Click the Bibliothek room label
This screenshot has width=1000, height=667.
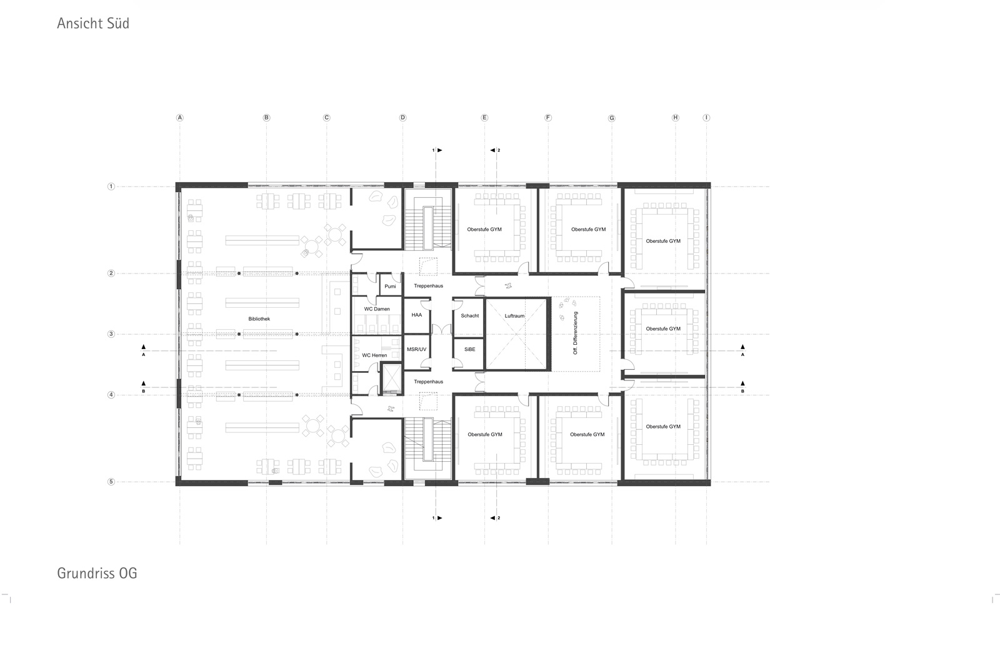[259, 318]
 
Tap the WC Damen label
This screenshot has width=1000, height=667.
[377, 309]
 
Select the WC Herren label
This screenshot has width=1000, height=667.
[374, 355]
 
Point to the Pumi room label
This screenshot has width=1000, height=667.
[390, 286]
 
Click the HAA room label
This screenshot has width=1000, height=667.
[416, 315]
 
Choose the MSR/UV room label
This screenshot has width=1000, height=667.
[416, 349]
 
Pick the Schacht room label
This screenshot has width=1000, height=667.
[469, 315]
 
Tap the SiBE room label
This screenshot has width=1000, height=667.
[469, 349]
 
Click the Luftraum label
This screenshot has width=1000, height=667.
[514, 315]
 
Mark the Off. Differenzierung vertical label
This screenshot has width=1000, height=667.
[576, 333]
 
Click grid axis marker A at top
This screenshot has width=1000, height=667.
[180, 118]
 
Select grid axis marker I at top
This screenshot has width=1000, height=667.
[706, 118]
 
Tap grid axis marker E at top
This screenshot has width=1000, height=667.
[484, 118]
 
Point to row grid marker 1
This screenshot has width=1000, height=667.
[111, 186]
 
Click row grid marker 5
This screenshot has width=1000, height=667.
[111, 481]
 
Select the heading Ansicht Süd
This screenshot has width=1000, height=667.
[93, 23]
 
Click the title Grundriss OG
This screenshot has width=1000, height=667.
[97, 573]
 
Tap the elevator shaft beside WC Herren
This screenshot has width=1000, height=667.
[391, 379]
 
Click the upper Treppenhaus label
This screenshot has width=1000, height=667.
[428, 286]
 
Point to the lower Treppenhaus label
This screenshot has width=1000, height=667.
[428, 382]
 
